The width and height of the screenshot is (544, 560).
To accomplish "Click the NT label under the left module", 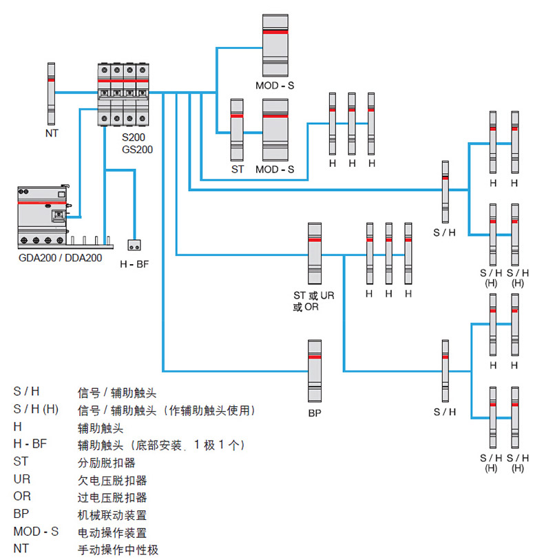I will tap(52, 133).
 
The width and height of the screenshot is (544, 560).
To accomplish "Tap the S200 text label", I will tap(134, 138).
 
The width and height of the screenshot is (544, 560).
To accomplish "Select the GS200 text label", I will tap(137, 149).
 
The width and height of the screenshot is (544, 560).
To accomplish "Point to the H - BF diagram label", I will tap(134, 264).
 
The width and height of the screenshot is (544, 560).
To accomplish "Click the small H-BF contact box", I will tap(135, 245).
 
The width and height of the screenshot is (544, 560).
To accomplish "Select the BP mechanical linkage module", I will tap(315, 370).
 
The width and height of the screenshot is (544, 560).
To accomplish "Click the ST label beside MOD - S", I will tap(237, 169).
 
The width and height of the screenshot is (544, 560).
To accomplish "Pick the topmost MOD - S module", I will tap(275, 44).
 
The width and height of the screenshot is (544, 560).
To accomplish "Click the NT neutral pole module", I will tap(51, 92).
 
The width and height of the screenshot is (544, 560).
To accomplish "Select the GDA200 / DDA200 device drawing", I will tap(43, 216).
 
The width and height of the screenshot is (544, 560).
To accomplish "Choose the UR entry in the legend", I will tap(22, 479).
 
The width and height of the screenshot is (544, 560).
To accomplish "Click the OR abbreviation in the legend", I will tap(22, 496).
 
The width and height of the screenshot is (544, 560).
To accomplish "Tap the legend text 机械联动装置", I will tap(112, 514).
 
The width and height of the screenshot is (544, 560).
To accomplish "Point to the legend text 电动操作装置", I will tap(112, 532).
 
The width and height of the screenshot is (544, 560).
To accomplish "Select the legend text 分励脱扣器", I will tap(107, 462).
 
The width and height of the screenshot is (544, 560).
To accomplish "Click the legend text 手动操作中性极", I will tap(117, 550).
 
